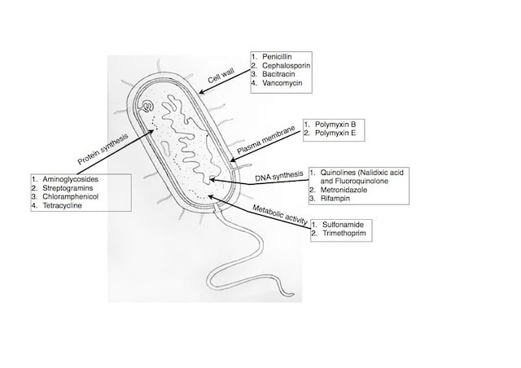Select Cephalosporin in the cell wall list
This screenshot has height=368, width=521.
point(286,65)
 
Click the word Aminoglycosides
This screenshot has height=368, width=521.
point(70,179)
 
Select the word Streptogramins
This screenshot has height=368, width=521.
point(68,188)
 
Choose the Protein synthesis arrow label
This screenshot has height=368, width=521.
point(103,147)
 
